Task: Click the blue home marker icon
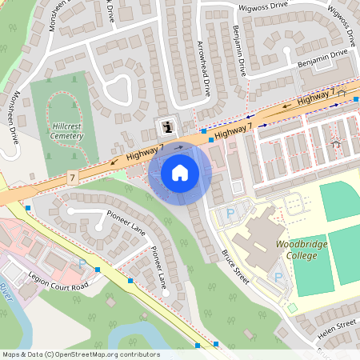(180, 173)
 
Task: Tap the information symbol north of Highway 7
(166, 126)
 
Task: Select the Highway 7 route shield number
(73, 176)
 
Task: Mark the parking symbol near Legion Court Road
(82, 263)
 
